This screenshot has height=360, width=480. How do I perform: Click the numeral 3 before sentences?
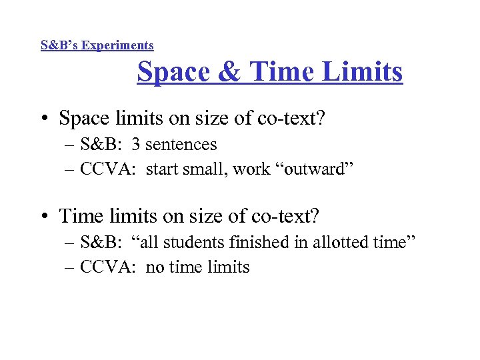[136, 144]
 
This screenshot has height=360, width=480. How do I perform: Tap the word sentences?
[181, 144]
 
